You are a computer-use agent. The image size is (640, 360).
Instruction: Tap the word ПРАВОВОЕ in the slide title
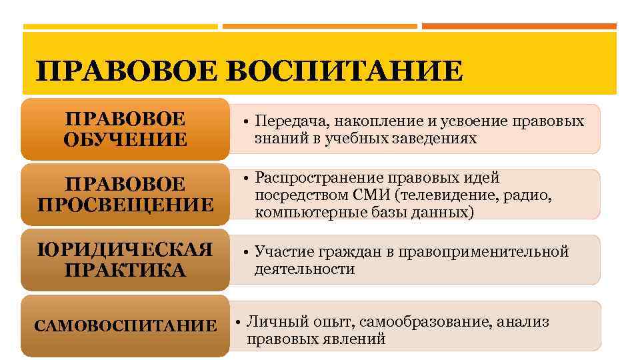point(127,71)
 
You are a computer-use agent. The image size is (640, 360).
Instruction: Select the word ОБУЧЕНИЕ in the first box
point(125,139)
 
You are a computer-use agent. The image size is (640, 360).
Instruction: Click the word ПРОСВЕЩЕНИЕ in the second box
point(125,204)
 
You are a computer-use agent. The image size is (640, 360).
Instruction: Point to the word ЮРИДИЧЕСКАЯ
point(125,250)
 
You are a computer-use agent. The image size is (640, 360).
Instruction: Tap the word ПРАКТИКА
point(125,271)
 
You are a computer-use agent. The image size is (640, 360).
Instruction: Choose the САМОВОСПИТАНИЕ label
point(125,326)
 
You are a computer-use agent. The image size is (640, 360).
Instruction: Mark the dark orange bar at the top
point(519,27)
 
